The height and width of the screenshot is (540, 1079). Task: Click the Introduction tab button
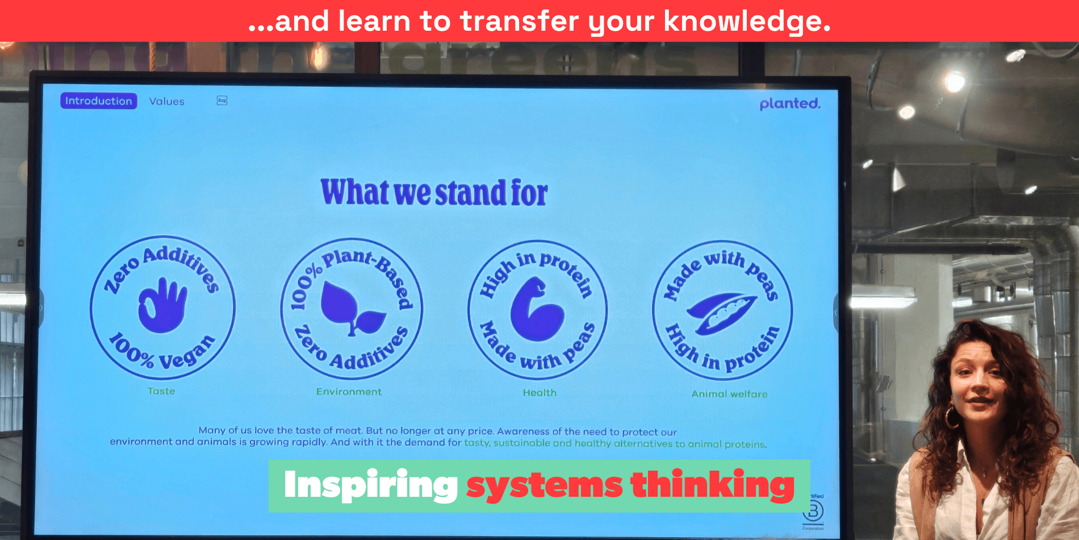98,101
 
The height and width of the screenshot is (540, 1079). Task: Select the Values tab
166,102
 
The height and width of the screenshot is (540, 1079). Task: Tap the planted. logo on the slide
789,104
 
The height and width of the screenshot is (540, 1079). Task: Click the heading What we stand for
434,193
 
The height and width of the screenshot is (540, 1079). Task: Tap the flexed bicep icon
536,310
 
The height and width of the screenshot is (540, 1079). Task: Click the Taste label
161,391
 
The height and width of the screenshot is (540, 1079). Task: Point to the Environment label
349,392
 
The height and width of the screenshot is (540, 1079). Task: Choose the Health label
539,393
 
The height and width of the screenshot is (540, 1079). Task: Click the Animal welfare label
729,394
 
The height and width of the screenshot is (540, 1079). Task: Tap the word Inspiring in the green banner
370,485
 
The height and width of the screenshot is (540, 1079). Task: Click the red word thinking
712,485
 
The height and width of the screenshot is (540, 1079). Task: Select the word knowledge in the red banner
746,22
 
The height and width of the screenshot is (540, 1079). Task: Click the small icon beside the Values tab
222,101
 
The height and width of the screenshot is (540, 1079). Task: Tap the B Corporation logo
813,512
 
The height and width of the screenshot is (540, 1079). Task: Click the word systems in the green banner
544,486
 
